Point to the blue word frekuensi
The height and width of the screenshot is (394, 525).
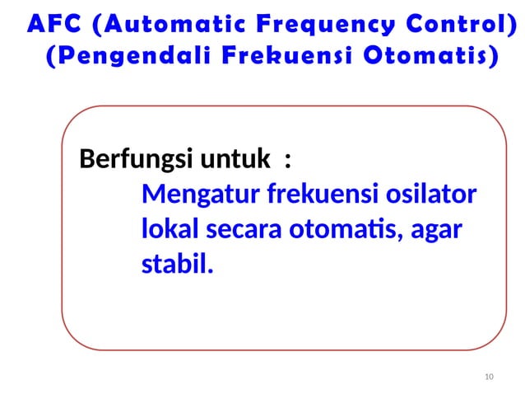(x=316, y=196)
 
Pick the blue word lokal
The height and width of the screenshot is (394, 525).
(x=168, y=231)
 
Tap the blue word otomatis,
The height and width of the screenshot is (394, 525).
(x=347, y=231)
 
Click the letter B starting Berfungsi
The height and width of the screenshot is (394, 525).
(x=85, y=158)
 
